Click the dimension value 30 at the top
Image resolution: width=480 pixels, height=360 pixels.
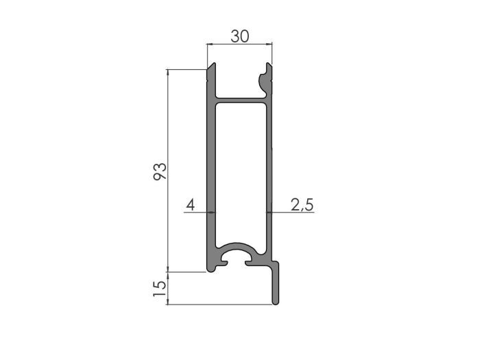(x=239, y=36)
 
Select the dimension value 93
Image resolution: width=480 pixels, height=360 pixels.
(x=159, y=171)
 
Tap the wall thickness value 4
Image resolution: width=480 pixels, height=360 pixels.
(x=191, y=205)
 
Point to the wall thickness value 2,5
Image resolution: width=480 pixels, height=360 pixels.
(x=302, y=205)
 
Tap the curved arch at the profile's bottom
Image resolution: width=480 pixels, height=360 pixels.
(x=240, y=246)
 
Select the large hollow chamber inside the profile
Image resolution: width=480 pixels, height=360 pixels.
(x=241, y=171)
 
